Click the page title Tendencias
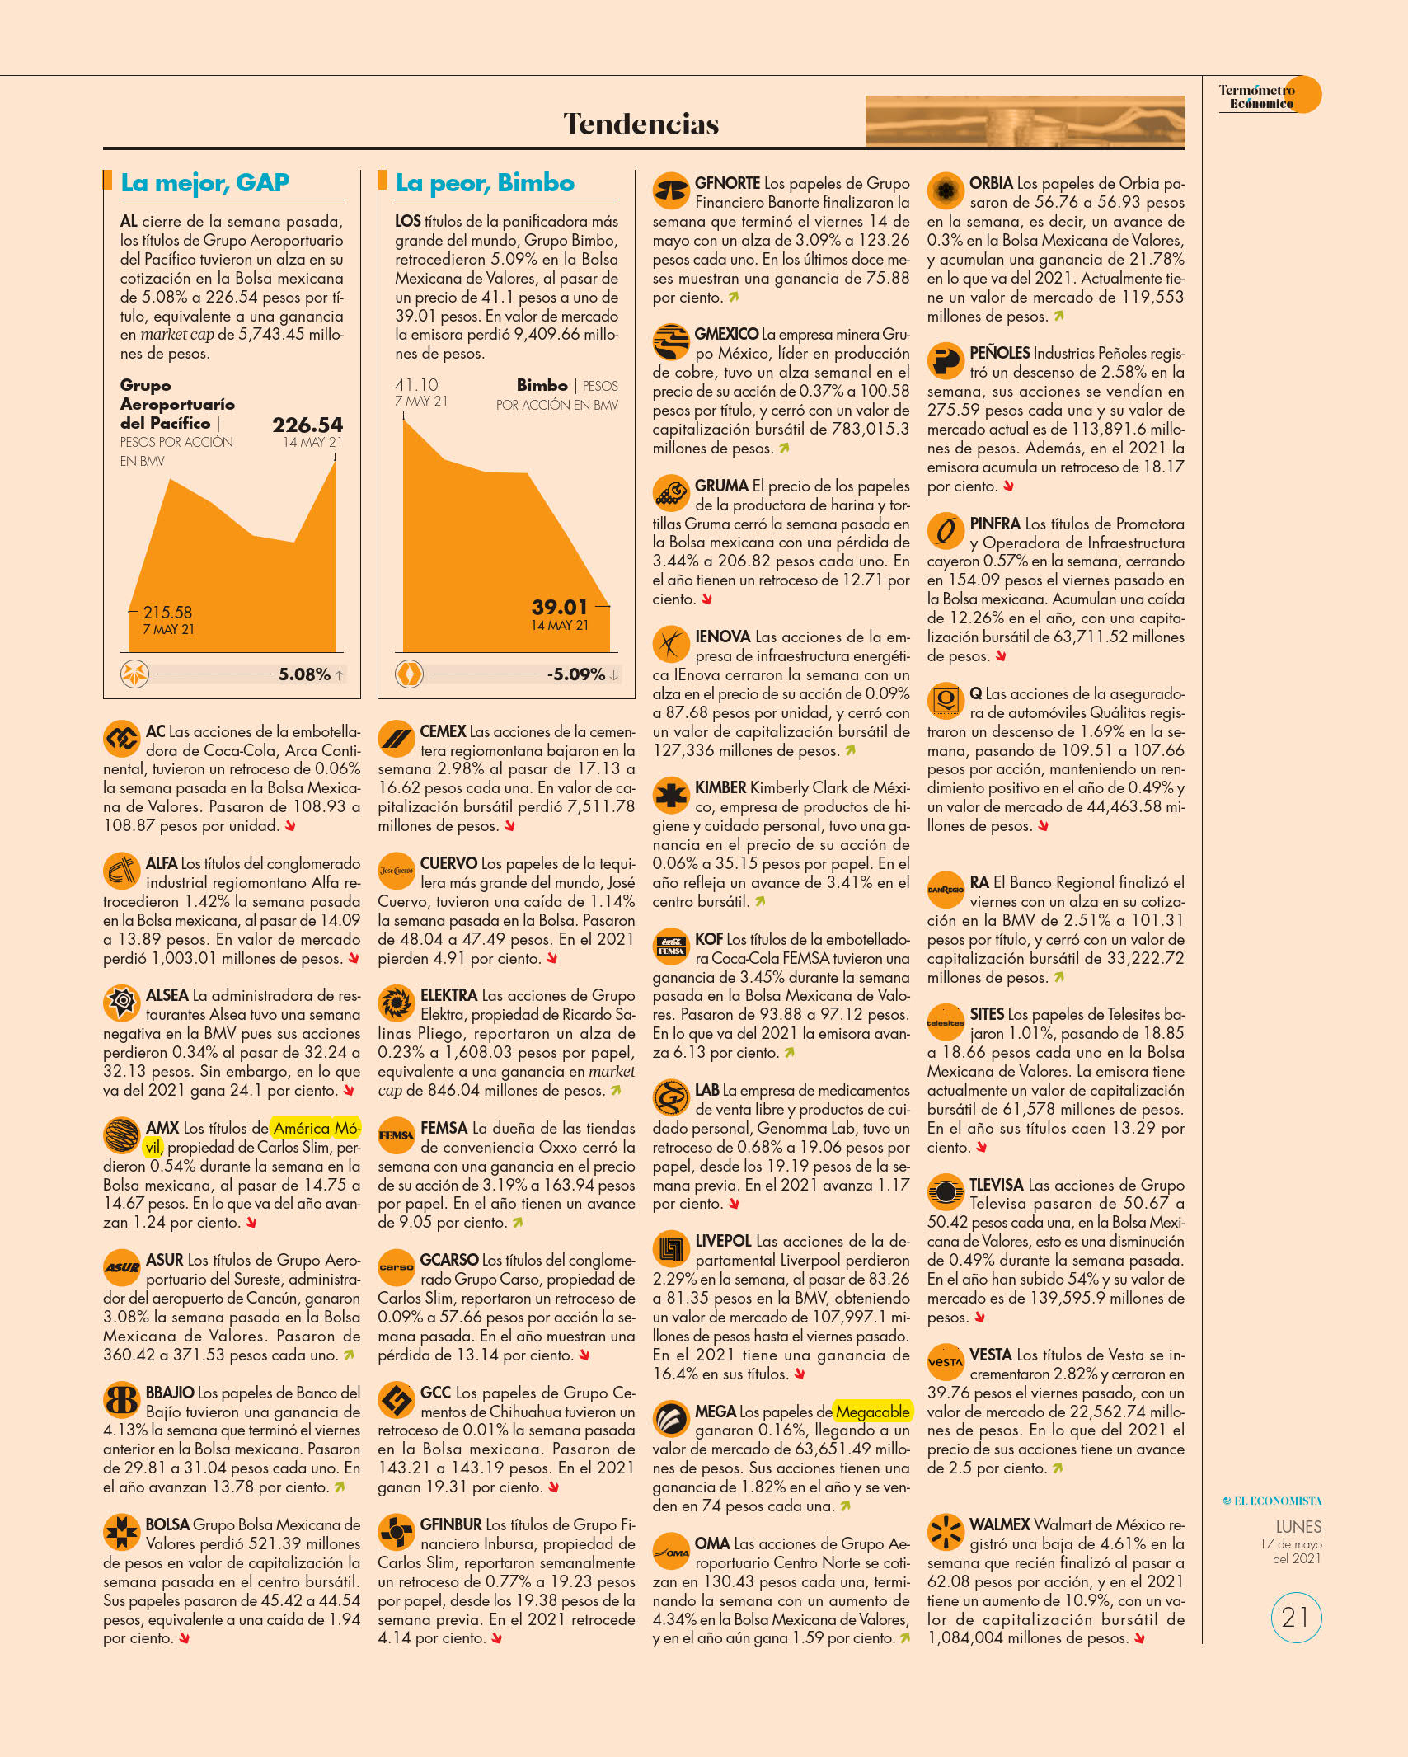coord(641,124)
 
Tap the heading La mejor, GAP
coord(205,182)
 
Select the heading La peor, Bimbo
coord(485,182)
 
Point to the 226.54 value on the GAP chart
coord(307,425)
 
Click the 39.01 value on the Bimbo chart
coord(560,607)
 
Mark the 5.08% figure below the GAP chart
coord(304,674)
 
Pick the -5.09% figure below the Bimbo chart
coord(576,674)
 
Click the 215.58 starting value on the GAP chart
coord(167,613)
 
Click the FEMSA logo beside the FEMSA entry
coord(397,1135)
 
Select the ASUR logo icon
coord(122,1267)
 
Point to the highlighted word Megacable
coord(872,1412)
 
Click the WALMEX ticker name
coord(1000,1524)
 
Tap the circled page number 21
coord(1296,1617)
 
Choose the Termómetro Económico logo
coord(1270,96)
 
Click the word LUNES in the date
coord(1298,1527)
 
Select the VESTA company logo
coord(946,1363)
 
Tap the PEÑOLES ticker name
coord(1000,353)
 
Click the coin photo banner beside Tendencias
coord(1025,121)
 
